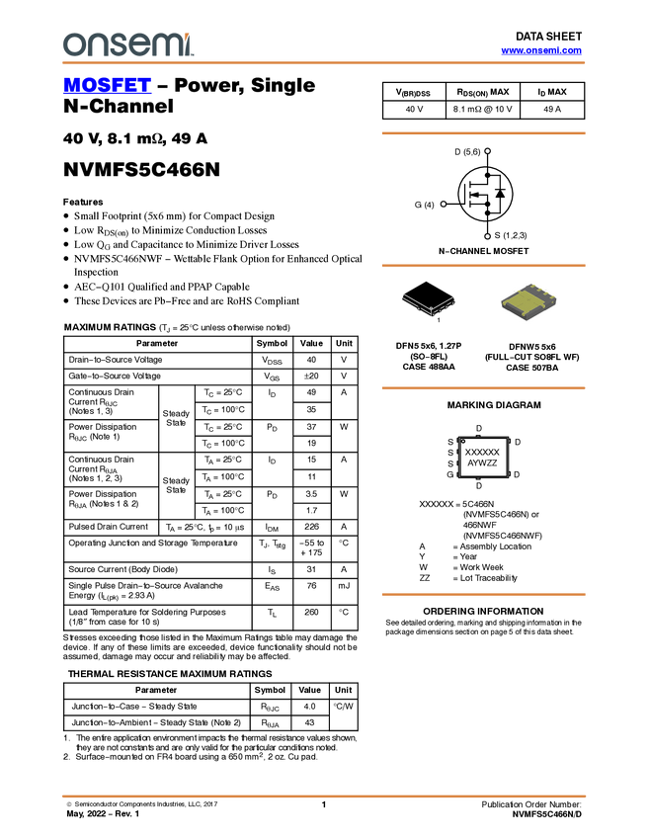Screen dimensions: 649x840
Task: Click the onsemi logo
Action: point(127,44)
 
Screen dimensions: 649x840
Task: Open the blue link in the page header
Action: point(541,50)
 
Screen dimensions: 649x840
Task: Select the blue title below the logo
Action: point(107,86)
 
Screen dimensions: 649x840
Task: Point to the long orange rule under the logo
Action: point(324,63)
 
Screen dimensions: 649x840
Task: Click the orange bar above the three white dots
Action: point(483,132)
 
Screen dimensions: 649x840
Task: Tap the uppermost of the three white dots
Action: point(488,151)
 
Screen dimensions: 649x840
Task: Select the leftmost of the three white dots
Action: point(444,204)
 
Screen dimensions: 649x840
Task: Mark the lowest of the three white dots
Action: point(488,236)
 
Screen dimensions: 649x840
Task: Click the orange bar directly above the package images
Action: point(483,266)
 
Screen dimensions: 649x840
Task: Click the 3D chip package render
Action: point(528,301)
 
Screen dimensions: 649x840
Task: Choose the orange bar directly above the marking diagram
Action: point(483,388)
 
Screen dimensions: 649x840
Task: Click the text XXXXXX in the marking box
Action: point(482,452)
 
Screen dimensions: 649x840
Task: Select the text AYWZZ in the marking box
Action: point(482,462)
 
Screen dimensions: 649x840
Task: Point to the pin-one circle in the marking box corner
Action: point(463,442)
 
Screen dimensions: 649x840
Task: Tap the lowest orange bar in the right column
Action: point(483,594)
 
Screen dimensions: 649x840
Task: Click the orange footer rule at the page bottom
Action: point(324,796)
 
